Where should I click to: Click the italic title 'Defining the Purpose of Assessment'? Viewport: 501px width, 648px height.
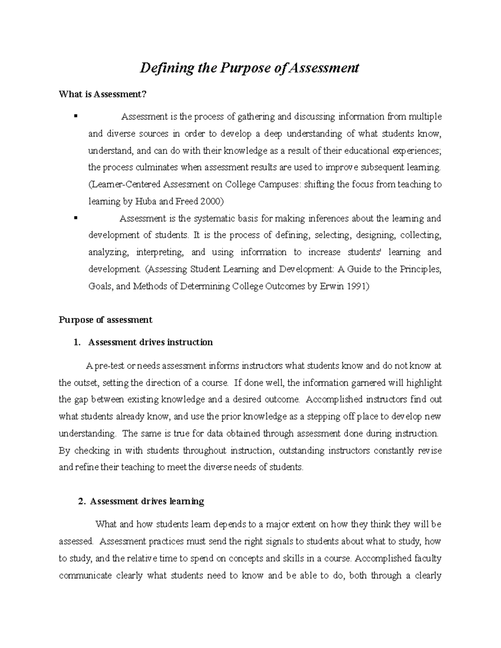(x=249, y=68)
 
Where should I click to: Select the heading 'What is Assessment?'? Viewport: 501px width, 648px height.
(x=103, y=94)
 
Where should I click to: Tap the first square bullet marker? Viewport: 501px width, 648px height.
(x=76, y=116)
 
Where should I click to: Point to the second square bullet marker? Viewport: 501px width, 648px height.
(x=76, y=217)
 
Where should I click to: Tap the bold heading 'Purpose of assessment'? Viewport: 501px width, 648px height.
(x=105, y=320)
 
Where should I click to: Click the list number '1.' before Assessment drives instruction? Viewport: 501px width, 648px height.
(x=76, y=343)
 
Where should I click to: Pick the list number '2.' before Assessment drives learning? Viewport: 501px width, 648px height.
(x=82, y=502)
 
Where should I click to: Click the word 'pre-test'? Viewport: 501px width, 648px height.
(x=109, y=366)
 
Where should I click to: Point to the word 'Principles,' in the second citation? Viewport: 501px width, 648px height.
(x=420, y=269)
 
